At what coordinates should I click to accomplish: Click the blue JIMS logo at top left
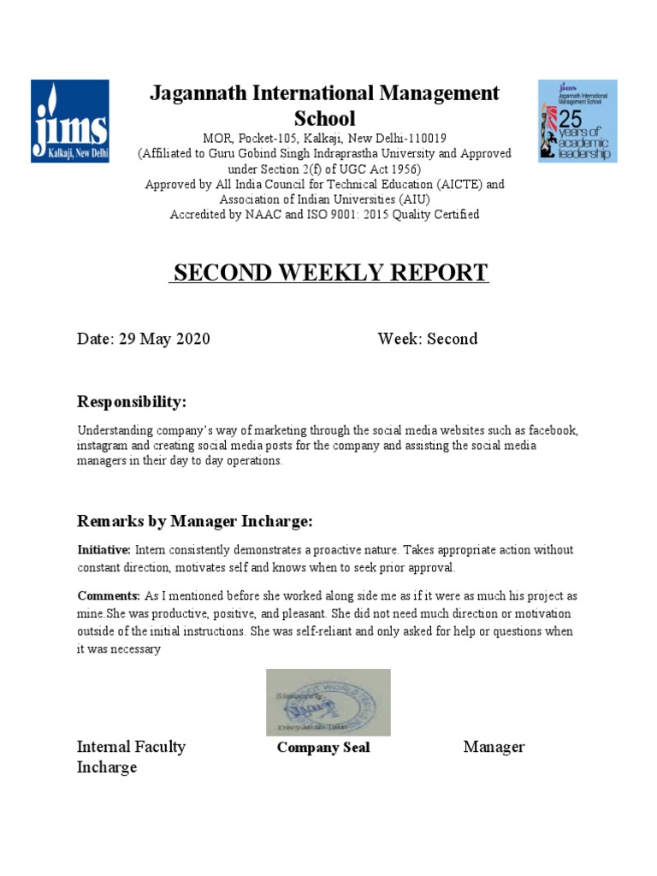69,121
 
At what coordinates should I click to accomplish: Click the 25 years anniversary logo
577,121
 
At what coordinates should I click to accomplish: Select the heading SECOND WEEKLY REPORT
328,273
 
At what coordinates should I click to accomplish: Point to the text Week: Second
427,339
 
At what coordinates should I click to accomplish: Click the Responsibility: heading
131,402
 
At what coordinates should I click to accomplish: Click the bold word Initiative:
104,550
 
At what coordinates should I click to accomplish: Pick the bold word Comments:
108,596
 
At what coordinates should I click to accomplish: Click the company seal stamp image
328,701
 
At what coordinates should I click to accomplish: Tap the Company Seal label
323,748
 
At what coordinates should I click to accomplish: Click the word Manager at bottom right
494,747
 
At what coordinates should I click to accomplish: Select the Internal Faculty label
131,747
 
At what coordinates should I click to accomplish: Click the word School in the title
324,118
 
